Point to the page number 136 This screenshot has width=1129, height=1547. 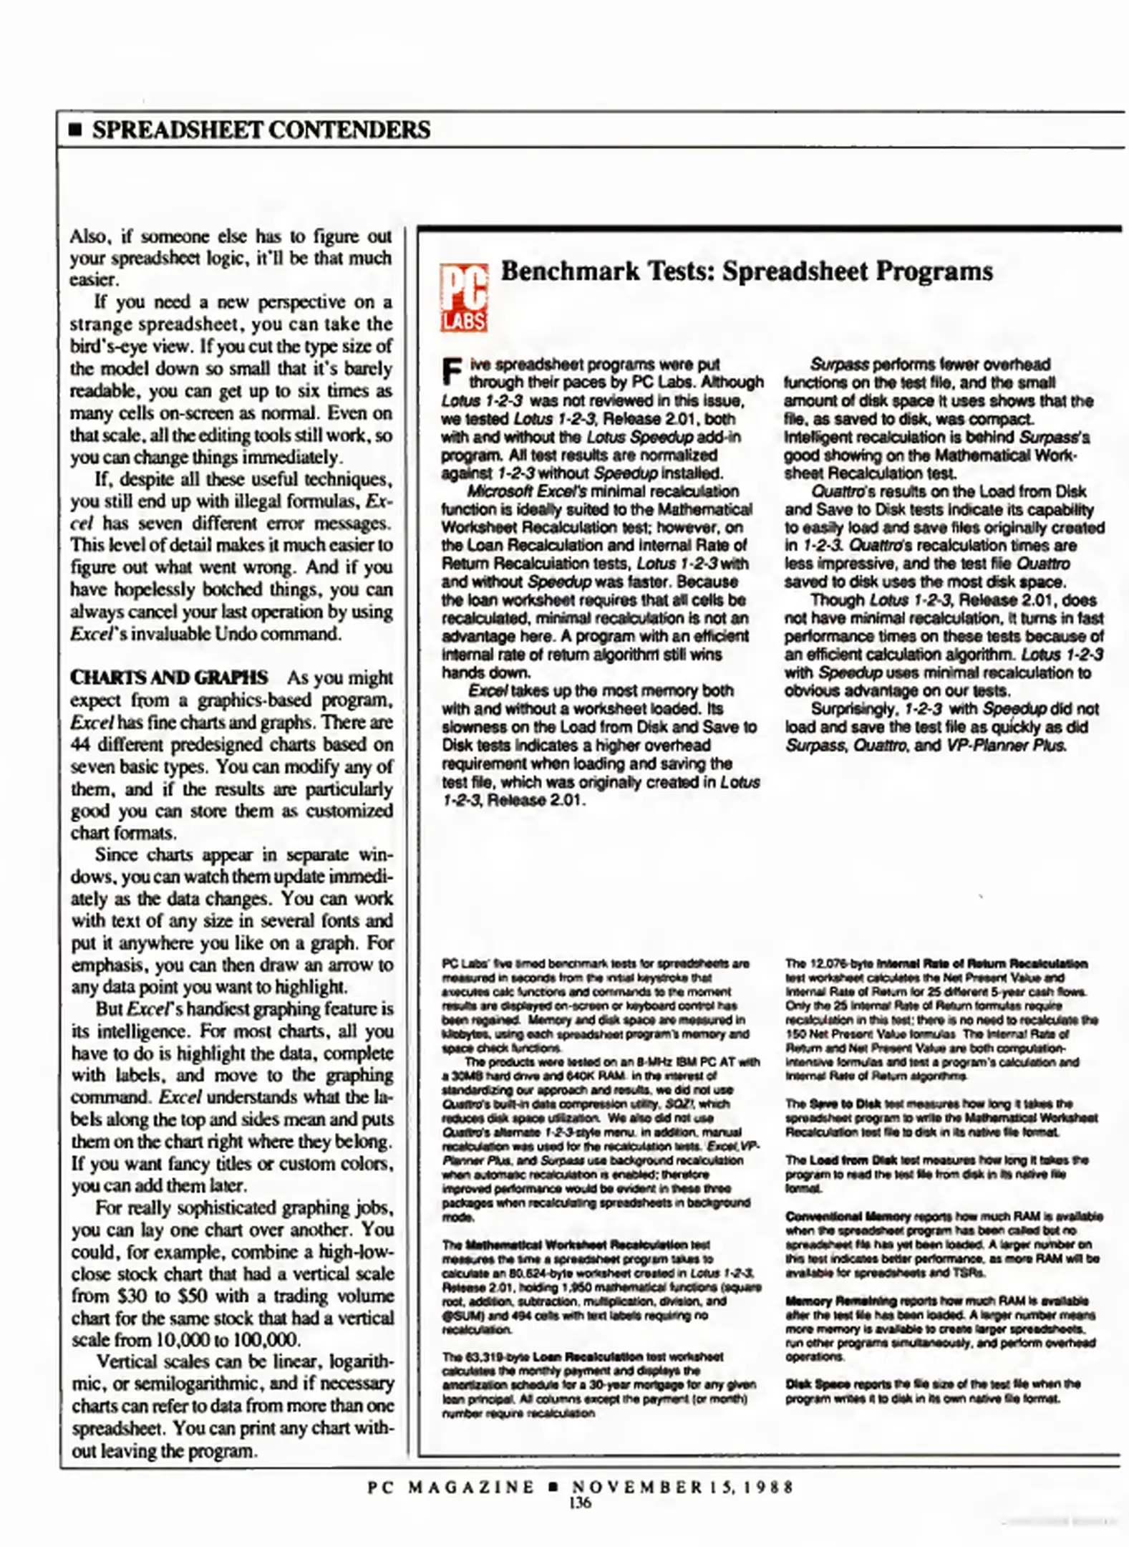point(579,1503)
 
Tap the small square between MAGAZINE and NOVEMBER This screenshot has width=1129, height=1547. point(553,1487)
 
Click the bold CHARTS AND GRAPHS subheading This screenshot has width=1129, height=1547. point(169,678)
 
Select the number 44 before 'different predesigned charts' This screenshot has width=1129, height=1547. point(80,745)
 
